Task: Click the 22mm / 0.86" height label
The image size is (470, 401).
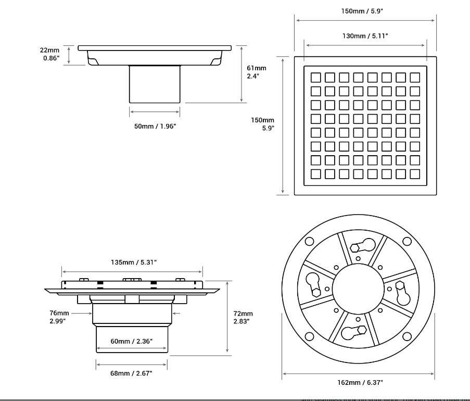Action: (50, 54)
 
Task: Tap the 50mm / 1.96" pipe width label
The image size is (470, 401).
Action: (155, 126)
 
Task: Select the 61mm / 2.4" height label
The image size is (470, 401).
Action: (256, 72)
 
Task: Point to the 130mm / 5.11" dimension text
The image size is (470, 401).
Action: (365, 36)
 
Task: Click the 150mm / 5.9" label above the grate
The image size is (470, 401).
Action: (365, 11)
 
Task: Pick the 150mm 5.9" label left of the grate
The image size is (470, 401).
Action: (263, 124)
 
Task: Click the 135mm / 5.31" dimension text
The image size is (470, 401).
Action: (133, 262)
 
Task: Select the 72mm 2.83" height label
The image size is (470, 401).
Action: (243, 317)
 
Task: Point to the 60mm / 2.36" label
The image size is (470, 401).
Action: (131, 342)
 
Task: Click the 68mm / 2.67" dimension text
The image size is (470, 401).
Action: (131, 373)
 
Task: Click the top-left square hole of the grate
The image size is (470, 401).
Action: (315, 78)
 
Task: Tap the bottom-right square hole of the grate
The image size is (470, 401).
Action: (414, 173)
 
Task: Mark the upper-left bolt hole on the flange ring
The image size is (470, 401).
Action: (309, 241)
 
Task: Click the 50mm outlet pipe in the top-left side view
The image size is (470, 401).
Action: (155, 84)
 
